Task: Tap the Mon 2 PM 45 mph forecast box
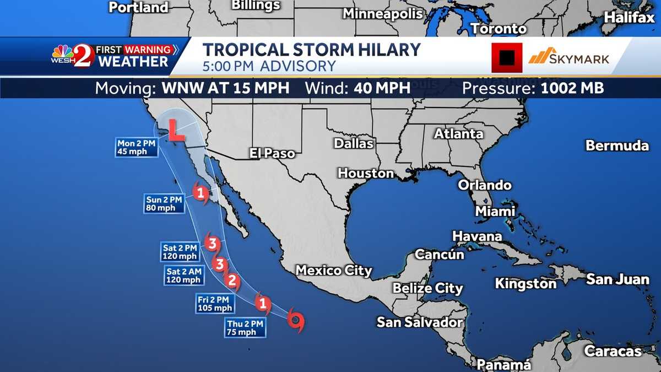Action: tap(136, 147)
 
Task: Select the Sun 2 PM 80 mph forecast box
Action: tap(165, 203)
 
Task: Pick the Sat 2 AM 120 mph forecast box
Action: tap(184, 275)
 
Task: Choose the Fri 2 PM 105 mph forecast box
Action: tap(215, 303)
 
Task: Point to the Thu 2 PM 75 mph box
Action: tap(245, 327)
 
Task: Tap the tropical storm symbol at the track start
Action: tap(296, 320)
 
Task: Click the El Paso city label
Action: tap(272, 153)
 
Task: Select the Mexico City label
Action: tap(334, 271)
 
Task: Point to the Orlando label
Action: tap(485, 185)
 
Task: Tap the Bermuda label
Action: tap(617, 146)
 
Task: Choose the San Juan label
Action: tap(617, 279)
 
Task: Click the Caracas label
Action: tap(613, 351)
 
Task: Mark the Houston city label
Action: tap(366, 173)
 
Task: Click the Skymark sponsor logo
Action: tap(569, 57)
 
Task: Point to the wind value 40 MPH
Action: tap(384, 88)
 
